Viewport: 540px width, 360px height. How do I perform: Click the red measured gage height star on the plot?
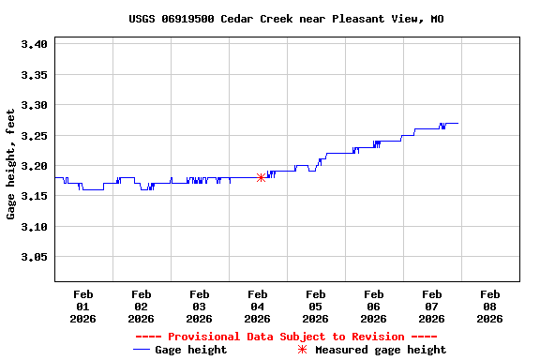click(x=261, y=177)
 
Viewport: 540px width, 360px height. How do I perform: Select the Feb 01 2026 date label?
click(x=82, y=306)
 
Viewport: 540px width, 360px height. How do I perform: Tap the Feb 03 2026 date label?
click(x=199, y=306)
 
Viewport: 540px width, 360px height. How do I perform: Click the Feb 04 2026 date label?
click(x=257, y=306)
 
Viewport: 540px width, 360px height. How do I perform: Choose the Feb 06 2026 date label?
click(x=373, y=306)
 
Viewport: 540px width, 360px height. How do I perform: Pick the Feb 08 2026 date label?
click(x=489, y=306)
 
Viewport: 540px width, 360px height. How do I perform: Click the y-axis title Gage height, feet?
click(x=11, y=164)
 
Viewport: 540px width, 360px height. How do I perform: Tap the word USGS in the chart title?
click(x=142, y=19)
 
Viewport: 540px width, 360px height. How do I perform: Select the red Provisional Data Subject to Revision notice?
click(x=286, y=337)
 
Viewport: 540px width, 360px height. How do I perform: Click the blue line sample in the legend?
click(x=142, y=350)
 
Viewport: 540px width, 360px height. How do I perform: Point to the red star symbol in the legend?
click(x=302, y=350)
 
